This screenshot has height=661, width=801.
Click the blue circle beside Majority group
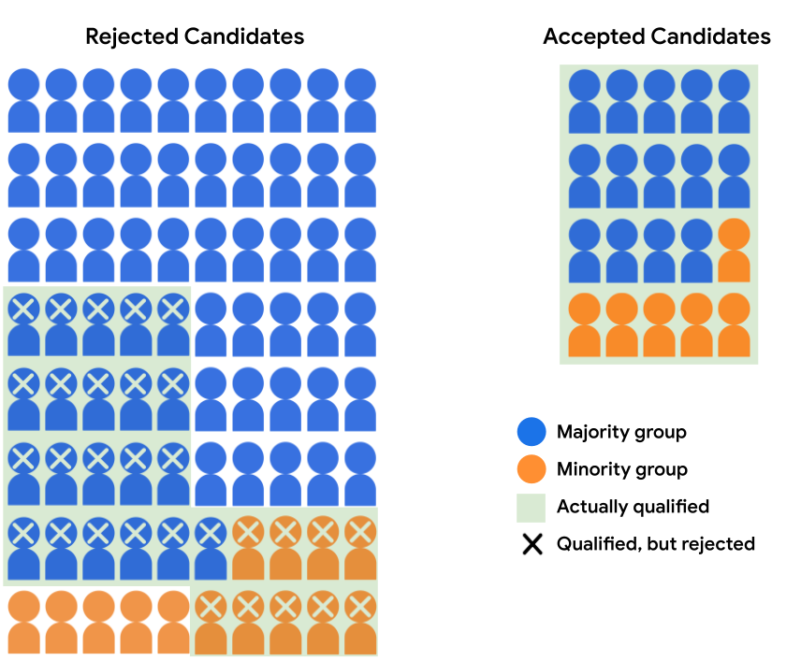point(532,432)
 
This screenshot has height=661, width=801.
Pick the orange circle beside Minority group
point(532,469)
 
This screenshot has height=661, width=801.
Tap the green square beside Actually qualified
point(532,507)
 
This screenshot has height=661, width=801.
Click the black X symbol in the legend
point(532,544)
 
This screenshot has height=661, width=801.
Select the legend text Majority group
point(621,432)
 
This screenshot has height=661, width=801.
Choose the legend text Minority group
point(621,469)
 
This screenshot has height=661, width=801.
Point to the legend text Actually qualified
point(633,507)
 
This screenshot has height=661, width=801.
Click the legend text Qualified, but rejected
point(655,544)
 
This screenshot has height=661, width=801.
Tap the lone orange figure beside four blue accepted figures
point(735,251)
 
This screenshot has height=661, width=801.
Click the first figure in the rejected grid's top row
point(23,101)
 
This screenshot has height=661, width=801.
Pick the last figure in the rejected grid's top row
point(360,101)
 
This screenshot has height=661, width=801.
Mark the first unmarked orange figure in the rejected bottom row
point(23,623)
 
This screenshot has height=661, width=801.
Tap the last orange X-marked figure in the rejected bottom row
point(360,623)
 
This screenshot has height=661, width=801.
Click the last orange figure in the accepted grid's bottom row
point(735,325)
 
